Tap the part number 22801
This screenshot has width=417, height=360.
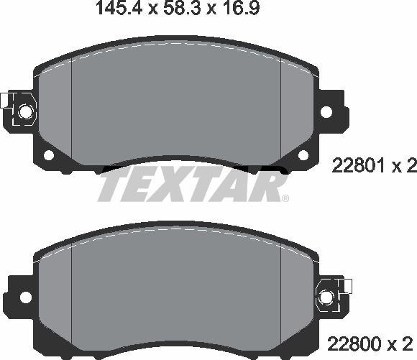(354, 167)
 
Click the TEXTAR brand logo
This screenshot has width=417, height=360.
(191, 185)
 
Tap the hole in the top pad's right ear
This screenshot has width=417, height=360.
(328, 113)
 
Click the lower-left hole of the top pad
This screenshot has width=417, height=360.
(50, 155)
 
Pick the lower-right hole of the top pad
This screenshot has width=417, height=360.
(301, 155)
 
